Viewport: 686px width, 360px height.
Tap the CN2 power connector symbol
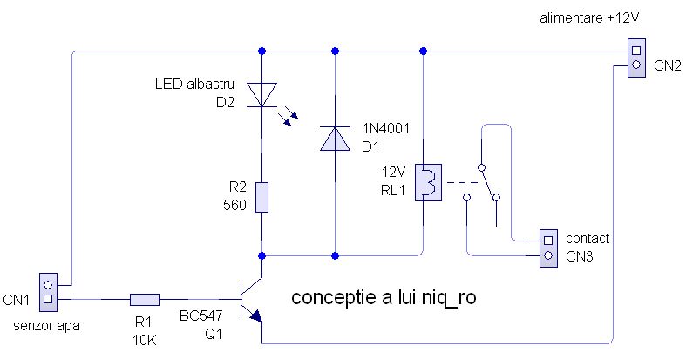(635, 58)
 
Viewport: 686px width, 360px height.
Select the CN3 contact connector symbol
(548, 247)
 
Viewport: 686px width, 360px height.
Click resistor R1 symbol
(145, 300)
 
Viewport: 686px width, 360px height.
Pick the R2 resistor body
(262, 198)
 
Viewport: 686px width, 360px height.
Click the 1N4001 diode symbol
(336, 138)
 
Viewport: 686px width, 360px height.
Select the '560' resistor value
(235, 207)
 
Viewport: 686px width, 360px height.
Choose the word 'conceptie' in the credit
(331, 298)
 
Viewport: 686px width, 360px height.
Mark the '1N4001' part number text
(385, 129)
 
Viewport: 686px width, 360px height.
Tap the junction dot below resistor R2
(262, 255)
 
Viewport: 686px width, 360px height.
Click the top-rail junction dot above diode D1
(336, 51)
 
